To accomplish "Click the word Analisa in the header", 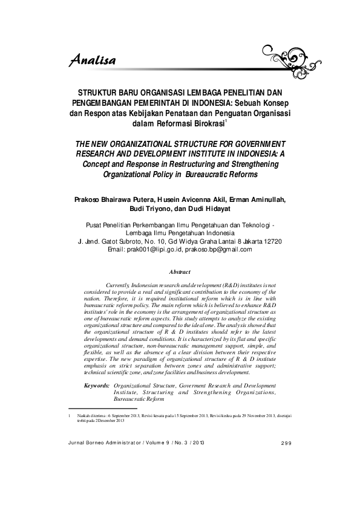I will tap(92, 59).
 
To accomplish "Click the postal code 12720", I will tap(269, 241).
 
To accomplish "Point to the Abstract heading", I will tap(180, 273).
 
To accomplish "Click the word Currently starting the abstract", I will tap(120, 284).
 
